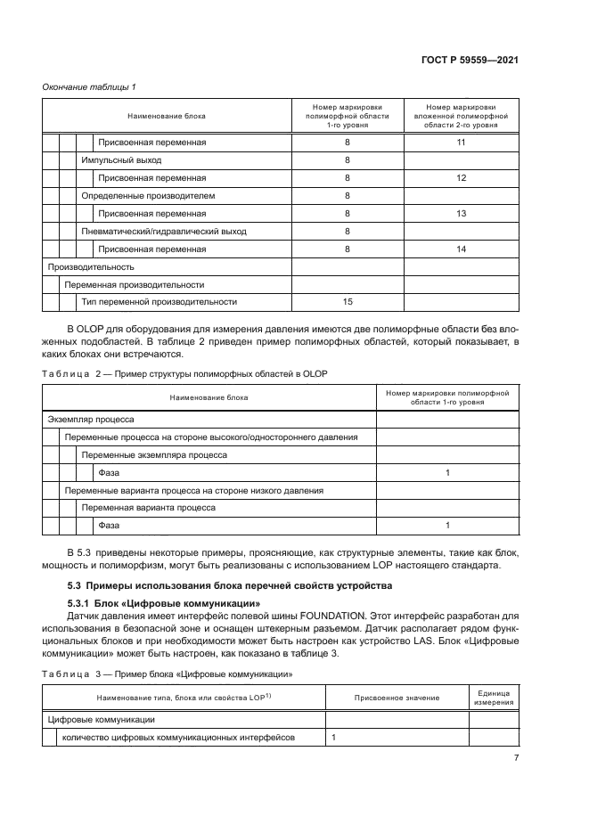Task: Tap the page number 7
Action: tap(516, 758)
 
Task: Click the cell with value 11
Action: tap(461, 143)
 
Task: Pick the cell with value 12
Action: tap(461, 178)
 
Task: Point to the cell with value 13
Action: tap(461, 214)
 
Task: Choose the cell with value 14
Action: tap(461, 249)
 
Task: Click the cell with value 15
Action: tap(348, 302)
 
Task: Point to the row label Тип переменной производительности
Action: tap(160, 302)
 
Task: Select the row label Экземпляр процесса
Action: tap(90, 419)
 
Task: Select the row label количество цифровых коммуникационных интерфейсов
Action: tap(177, 738)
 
